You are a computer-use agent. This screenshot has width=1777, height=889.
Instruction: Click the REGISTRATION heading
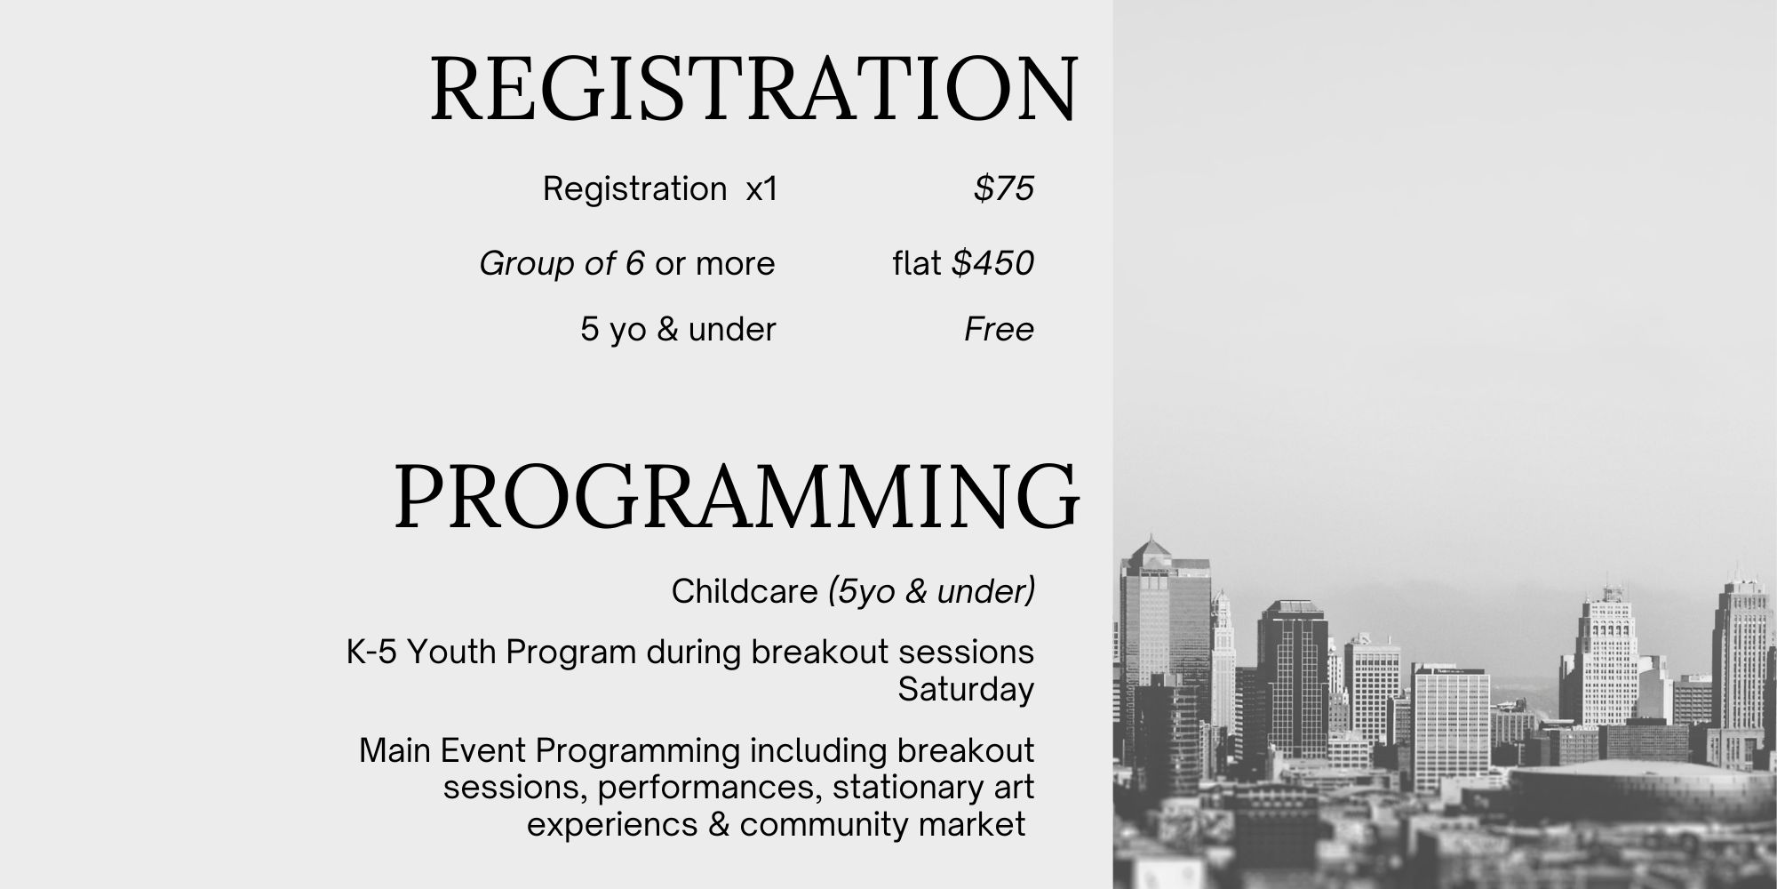(754, 89)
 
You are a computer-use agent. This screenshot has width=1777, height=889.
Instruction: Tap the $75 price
(1004, 188)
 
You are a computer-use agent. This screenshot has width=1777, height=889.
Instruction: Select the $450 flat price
(993, 263)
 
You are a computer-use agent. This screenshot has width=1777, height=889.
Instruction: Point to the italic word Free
(1000, 329)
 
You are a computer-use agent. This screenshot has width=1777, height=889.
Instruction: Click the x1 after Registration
(761, 189)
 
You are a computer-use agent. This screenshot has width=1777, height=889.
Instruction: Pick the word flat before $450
(917, 263)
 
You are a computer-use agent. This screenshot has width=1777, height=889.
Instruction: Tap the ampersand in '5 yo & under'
(667, 330)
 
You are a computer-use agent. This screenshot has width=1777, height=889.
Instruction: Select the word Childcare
(745, 591)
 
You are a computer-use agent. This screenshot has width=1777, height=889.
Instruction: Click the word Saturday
(966, 690)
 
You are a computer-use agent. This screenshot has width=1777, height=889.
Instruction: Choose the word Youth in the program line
(452, 653)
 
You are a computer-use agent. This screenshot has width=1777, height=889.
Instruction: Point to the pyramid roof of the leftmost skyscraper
(1151, 546)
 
